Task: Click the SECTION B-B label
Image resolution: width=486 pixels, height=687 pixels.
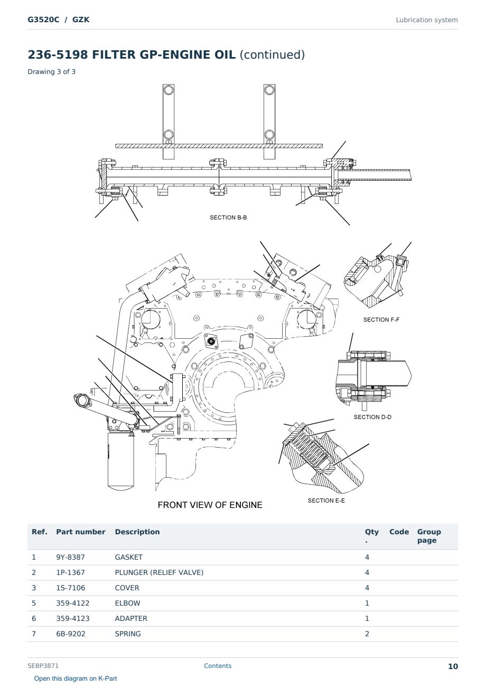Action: (x=228, y=217)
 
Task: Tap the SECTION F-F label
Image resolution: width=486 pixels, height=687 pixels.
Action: (x=381, y=320)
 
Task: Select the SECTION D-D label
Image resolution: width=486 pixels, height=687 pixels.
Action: (x=372, y=417)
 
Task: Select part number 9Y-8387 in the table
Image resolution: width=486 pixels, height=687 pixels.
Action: (x=70, y=557)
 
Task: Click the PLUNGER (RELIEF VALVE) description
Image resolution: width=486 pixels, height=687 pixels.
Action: (x=159, y=572)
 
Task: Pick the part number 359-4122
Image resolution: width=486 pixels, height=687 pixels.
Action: (x=73, y=603)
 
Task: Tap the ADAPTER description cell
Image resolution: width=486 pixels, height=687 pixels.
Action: (x=131, y=618)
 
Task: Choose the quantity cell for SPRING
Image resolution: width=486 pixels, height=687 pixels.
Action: (x=367, y=634)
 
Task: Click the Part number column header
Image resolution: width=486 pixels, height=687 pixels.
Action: (x=81, y=532)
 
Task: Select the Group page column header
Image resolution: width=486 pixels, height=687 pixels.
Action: (x=429, y=536)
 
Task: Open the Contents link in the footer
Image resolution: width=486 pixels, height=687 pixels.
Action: (x=218, y=666)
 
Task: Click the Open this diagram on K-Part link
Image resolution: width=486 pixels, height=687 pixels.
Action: (x=76, y=679)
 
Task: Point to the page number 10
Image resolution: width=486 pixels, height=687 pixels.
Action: (x=453, y=666)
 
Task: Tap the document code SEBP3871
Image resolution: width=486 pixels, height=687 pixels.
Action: (x=43, y=666)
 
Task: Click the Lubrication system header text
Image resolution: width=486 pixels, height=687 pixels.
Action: (x=427, y=20)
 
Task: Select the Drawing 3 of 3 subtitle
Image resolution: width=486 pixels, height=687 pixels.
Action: (x=52, y=72)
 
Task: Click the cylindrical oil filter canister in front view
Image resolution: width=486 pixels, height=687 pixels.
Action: (x=121, y=460)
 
